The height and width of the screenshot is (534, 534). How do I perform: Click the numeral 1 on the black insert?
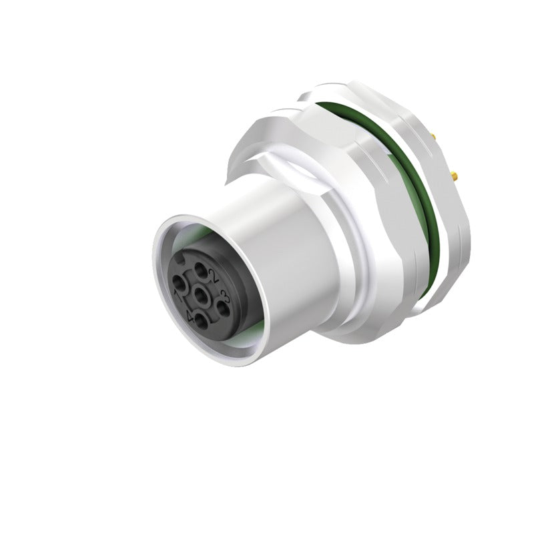pos(178,294)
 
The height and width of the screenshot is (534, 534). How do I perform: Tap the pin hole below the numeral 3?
pos(224,308)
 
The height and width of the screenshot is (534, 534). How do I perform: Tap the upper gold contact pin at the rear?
pos(436,137)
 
